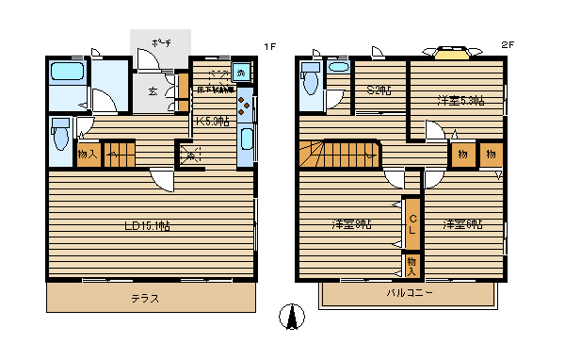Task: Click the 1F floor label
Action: pyautogui.click(x=268, y=45)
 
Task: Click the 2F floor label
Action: pyautogui.click(x=507, y=45)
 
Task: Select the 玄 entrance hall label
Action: pyautogui.click(x=152, y=91)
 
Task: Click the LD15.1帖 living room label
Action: pyautogui.click(x=149, y=225)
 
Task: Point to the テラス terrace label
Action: pyautogui.click(x=144, y=298)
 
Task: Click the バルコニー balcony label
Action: pyautogui.click(x=409, y=293)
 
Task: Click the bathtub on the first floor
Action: pyautogui.click(x=68, y=73)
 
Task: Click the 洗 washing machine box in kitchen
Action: pyautogui.click(x=241, y=73)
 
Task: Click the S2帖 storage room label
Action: pyautogui.click(x=379, y=90)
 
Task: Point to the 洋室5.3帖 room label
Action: pyautogui.click(x=460, y=99)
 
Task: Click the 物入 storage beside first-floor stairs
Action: pyautogui.click(x=87, y=154)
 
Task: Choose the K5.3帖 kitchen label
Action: pyautogui.click(x=211, y=121)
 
